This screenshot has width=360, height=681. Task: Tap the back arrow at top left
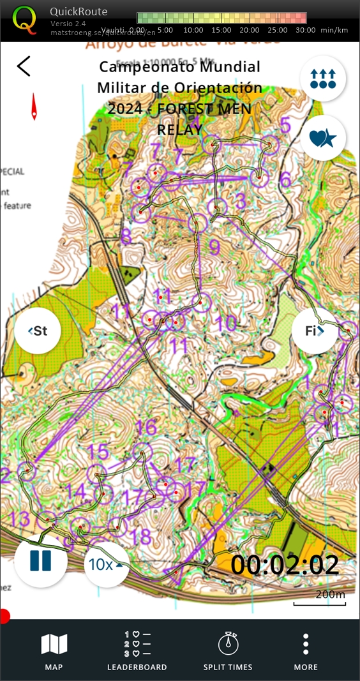(24, 66)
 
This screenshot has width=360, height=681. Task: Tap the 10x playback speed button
(106, 564)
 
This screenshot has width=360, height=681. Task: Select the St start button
(38, 331)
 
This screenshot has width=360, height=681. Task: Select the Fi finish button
(315, 331)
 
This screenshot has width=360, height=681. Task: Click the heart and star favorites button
(323, 137)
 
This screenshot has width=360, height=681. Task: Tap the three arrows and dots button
(323, 79)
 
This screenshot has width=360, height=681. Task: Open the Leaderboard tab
(137, 651)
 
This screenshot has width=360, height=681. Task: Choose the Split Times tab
(228, 651)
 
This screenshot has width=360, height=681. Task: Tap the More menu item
(306, 651)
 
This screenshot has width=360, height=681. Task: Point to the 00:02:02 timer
(285, 565)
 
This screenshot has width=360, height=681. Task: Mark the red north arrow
(34, 107)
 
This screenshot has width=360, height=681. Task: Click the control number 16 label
(146, 426)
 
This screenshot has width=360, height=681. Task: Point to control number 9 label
(214, 246)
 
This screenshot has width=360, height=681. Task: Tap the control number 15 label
(98, 452)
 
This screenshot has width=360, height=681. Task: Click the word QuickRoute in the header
(79, 11)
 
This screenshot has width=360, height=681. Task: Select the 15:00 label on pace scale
(221, 30)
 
